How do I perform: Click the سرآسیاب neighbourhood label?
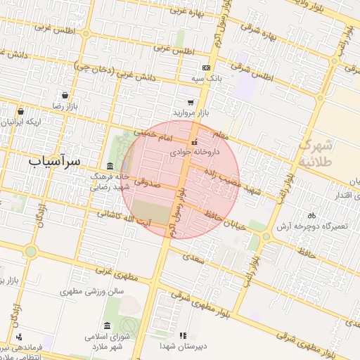click(x=55, y=162)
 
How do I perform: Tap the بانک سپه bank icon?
click(x=206, y=67)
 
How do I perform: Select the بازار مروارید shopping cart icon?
click(x=190, y=102)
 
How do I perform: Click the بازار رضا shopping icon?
click(x=65, y=95)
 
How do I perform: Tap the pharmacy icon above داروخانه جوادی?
click(x=195, y=142)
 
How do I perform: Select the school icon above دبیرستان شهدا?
click(x=183, y=335)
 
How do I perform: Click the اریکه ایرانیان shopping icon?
click(x=20, y=111)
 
